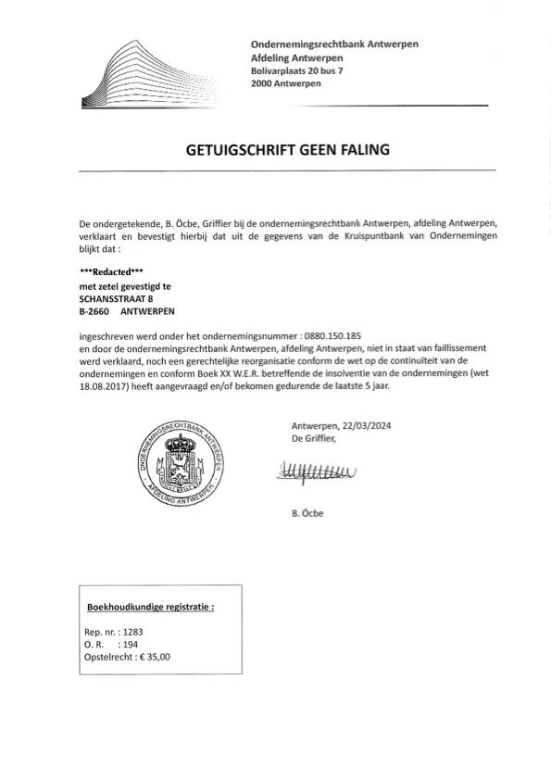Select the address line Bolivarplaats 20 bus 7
pyautogui.click(x=296, y=70)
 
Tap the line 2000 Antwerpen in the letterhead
pyautogui.click(x=286, y=83)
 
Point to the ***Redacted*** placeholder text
pyautogui.click(x=112, y=271)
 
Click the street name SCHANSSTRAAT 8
pyautogui.click(x=117, y=299)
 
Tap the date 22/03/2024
pyautogui.click(x=366, y=426)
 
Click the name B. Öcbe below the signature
pyautogui.click(x=307, y=513)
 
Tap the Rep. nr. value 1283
pyautogui.click(x=132, y=632)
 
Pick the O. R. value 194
pyautogui.click(x=130, y=644)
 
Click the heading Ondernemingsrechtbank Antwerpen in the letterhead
pyautogui.click(x=334, y=44)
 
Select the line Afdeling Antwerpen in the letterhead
pyautogui.click(x=296, y=57)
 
